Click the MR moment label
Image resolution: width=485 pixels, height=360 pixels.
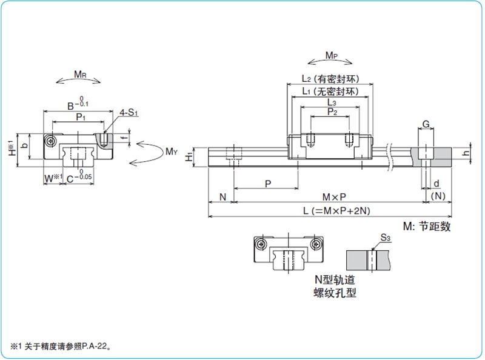[79, 75]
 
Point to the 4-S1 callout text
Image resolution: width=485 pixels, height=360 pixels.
[129, 112]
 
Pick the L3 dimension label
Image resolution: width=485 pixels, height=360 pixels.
[331, 102]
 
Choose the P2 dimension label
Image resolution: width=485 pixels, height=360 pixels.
[331, 112]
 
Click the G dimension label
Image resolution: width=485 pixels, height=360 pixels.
[426, 124]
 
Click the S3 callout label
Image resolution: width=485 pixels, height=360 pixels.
[386, 238]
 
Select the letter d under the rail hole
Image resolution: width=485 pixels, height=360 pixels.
[436, 184]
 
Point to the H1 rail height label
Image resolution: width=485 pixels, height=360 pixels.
[190, 156]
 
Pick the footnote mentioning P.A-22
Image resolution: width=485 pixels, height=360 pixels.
[61, 346]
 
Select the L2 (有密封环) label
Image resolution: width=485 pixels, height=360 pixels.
[331, 79]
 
